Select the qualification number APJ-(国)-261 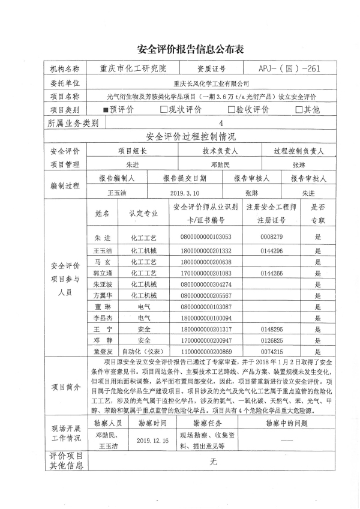pos(290,68)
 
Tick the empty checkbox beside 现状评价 pos(164,110)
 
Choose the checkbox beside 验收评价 pos(231,110)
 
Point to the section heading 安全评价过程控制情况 pos(191,137)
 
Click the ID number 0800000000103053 pos(206,236)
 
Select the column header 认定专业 pos(143,213)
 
